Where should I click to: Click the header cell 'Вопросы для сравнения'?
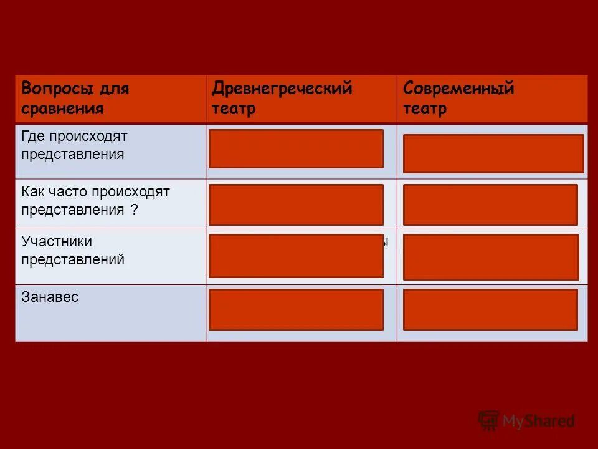[x=75, y=99]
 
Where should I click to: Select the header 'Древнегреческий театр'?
[x=282, y=99]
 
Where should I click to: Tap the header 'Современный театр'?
[x=458, y=99]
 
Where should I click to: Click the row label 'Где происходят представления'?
[x=74, y=145]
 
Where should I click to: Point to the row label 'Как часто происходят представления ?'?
[x=95, y=200]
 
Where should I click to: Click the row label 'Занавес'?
[x=50, y=297]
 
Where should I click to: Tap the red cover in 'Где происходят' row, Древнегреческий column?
[x=296, y=148]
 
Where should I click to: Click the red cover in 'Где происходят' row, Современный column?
[x=493, y=153]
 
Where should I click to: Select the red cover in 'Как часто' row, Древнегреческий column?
[x=296, y=205]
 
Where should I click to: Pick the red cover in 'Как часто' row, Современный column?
[x=490, y=205]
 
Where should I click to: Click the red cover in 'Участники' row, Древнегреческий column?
[x=296, y=256]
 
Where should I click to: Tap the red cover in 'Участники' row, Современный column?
[x=491, y=257]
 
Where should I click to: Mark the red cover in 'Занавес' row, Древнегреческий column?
[x=296, y=309]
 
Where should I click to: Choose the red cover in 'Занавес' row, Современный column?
[x=490, y=309]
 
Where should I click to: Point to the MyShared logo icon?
[x=488, y=420]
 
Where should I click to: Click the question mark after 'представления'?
[x=134, y=210]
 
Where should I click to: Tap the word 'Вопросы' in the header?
[x=58, y=89]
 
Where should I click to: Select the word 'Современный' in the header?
[x=458, y=89]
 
